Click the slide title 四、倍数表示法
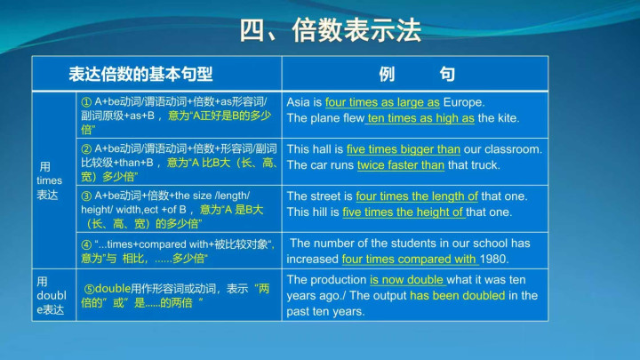tap(330, 30)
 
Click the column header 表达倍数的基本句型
tap(140, 74)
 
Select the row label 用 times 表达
tap(50, 180)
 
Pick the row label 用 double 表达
tap(51, 295)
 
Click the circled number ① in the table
tap(86, 101)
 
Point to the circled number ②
tap(86, 148)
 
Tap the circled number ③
tap(86, 196)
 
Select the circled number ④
tap(86, 244)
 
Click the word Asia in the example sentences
tap(299, 102)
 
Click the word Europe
tap(464, 102)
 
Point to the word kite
tap(507, 118)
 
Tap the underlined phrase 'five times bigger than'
tap(404, 149)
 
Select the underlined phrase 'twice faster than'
tap(401, 165)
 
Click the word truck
tap(484, 165)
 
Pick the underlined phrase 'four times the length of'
tap(417, 196)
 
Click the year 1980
tap(494, 259)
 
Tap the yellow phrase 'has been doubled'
tap(458, 295)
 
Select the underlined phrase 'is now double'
tap(406, 280)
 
